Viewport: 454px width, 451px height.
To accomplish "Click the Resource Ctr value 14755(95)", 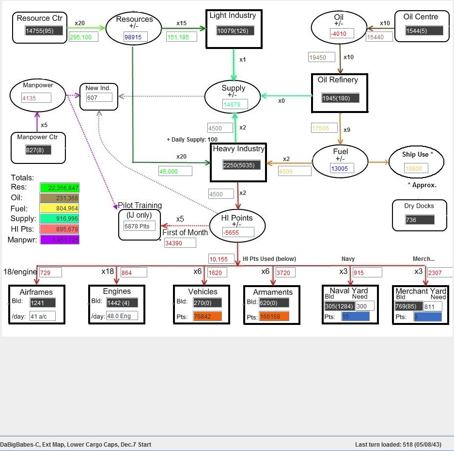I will click(x=44, y=31).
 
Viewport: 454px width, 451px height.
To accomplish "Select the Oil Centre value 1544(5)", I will click(x=424, y=31).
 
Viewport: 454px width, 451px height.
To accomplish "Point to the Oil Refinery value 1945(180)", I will click(x=341, y=98).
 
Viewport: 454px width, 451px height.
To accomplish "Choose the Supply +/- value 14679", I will click(x=235, y=104).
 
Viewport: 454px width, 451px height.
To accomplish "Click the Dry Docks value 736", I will click(x=420, y=220).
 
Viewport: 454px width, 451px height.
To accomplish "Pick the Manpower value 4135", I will click(x=36, y=98).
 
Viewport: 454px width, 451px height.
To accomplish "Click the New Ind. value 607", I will click(x=99, y=97).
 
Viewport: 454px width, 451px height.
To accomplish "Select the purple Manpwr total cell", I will click(x=60, y=240).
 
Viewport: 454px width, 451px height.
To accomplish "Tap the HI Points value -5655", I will click(x=238, y=232).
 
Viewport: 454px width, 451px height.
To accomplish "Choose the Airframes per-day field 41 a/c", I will click(x=42, y=316).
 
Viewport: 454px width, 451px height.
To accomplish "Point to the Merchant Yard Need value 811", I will click(x=432, y=306).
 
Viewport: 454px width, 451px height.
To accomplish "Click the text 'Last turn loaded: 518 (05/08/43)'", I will click(x=398, y=444).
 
